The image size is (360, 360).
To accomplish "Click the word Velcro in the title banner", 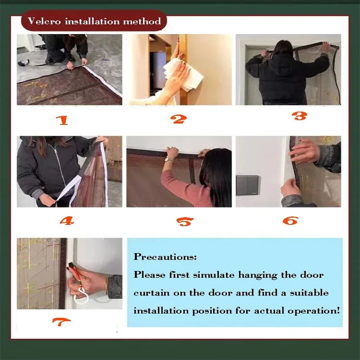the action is pyautogui.click(x=44, y=21).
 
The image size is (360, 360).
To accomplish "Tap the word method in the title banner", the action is pyautogui.click(x=142, y=21).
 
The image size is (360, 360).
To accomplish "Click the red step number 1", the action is pyautogui.click(x=63, y=120).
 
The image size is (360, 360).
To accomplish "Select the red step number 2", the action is pyautogui.click(x=178, y=119).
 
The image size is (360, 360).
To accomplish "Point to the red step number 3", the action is pyautogui.click(x=300, y=116).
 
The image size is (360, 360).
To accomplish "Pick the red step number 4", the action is pyautogui.click(x=67, y=221).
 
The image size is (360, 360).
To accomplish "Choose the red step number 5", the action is pyautogui.click(x=185, y=222).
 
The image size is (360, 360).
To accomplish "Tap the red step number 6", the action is pyautogui.click(x=290, y=220).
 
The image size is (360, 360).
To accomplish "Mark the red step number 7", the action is pyautogui.click(x=61, y=322).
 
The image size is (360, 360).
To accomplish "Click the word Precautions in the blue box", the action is pyautogui.click(x=165, y=256).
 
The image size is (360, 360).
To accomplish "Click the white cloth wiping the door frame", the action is pyautogui.click(x=184, y=74).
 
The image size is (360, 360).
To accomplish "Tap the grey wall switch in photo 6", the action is pyautogui.click(x=247, y=185).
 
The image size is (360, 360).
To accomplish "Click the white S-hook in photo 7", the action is pyautogui.click(x=81, y=296).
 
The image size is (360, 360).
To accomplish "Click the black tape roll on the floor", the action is pyautogui.click(x=24, y=62).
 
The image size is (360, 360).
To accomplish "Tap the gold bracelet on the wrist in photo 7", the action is pyautogui.click(x=106, y=285).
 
